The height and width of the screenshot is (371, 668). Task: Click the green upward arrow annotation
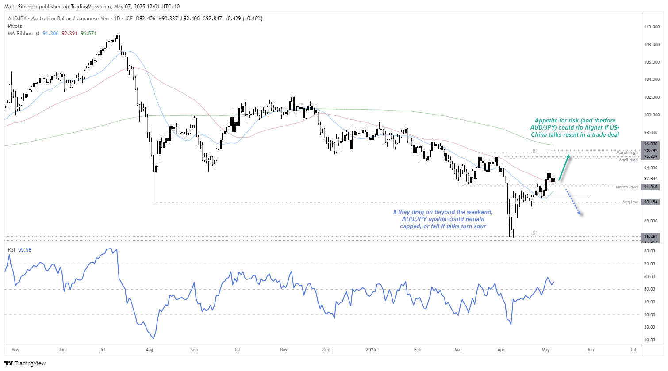click(x=564, y=168)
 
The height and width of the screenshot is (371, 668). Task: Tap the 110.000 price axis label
click(x=652, y=27)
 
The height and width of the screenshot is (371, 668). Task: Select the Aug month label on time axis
click(x=149, y=350)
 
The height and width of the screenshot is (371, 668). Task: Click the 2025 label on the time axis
click(x=371, y=350)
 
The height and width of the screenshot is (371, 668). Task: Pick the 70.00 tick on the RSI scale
click(x=649, y=264)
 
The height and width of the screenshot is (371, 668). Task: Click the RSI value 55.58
click(x=25, y=250)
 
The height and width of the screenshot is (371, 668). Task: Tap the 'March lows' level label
click(x=627, y=187)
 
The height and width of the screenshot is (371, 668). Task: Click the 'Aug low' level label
click(x=630, y=202)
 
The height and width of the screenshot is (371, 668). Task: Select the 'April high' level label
click(x=628, y=160)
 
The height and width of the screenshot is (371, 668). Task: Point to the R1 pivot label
click(x=535, y=151)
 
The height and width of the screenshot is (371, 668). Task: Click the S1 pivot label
click(x=535, y=233)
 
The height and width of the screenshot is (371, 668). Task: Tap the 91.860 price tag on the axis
click(x=651, y=187)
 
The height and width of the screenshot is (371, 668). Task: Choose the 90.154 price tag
click(x=651, y=202)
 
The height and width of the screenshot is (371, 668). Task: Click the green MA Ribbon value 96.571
click(x=88, y=34)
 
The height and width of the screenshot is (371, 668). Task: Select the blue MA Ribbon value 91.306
click(x=50, y=34)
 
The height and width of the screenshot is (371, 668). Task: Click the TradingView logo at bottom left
click(x=25, y=363)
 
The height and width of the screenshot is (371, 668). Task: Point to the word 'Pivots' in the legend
click(x=15, y=26)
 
